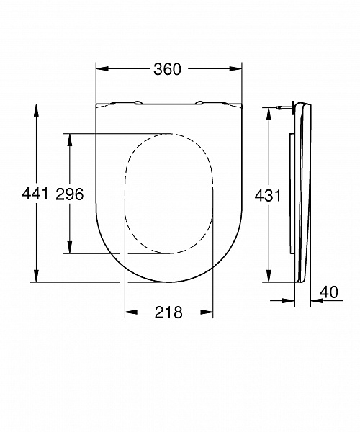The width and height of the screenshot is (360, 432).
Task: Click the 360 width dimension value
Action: (166, 69)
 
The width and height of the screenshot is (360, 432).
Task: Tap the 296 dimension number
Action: (70, 193)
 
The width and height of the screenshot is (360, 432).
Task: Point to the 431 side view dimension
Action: (268, 194)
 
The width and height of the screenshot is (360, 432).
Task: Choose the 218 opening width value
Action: (168, 312)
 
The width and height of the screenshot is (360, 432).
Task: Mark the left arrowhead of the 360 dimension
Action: (101, 69)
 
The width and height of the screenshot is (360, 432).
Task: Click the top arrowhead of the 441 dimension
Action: (35, 109)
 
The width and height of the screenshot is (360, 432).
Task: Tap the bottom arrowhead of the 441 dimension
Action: (35, 277)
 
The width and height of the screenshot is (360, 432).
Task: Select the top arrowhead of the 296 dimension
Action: (70, 138)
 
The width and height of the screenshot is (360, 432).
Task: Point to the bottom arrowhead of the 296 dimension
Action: (70, 248)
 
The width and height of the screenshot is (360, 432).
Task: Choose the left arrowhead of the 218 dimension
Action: (130, 312)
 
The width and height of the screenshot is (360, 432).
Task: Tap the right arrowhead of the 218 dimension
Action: (210, 312)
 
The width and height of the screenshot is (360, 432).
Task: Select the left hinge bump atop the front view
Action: (136, 102)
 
